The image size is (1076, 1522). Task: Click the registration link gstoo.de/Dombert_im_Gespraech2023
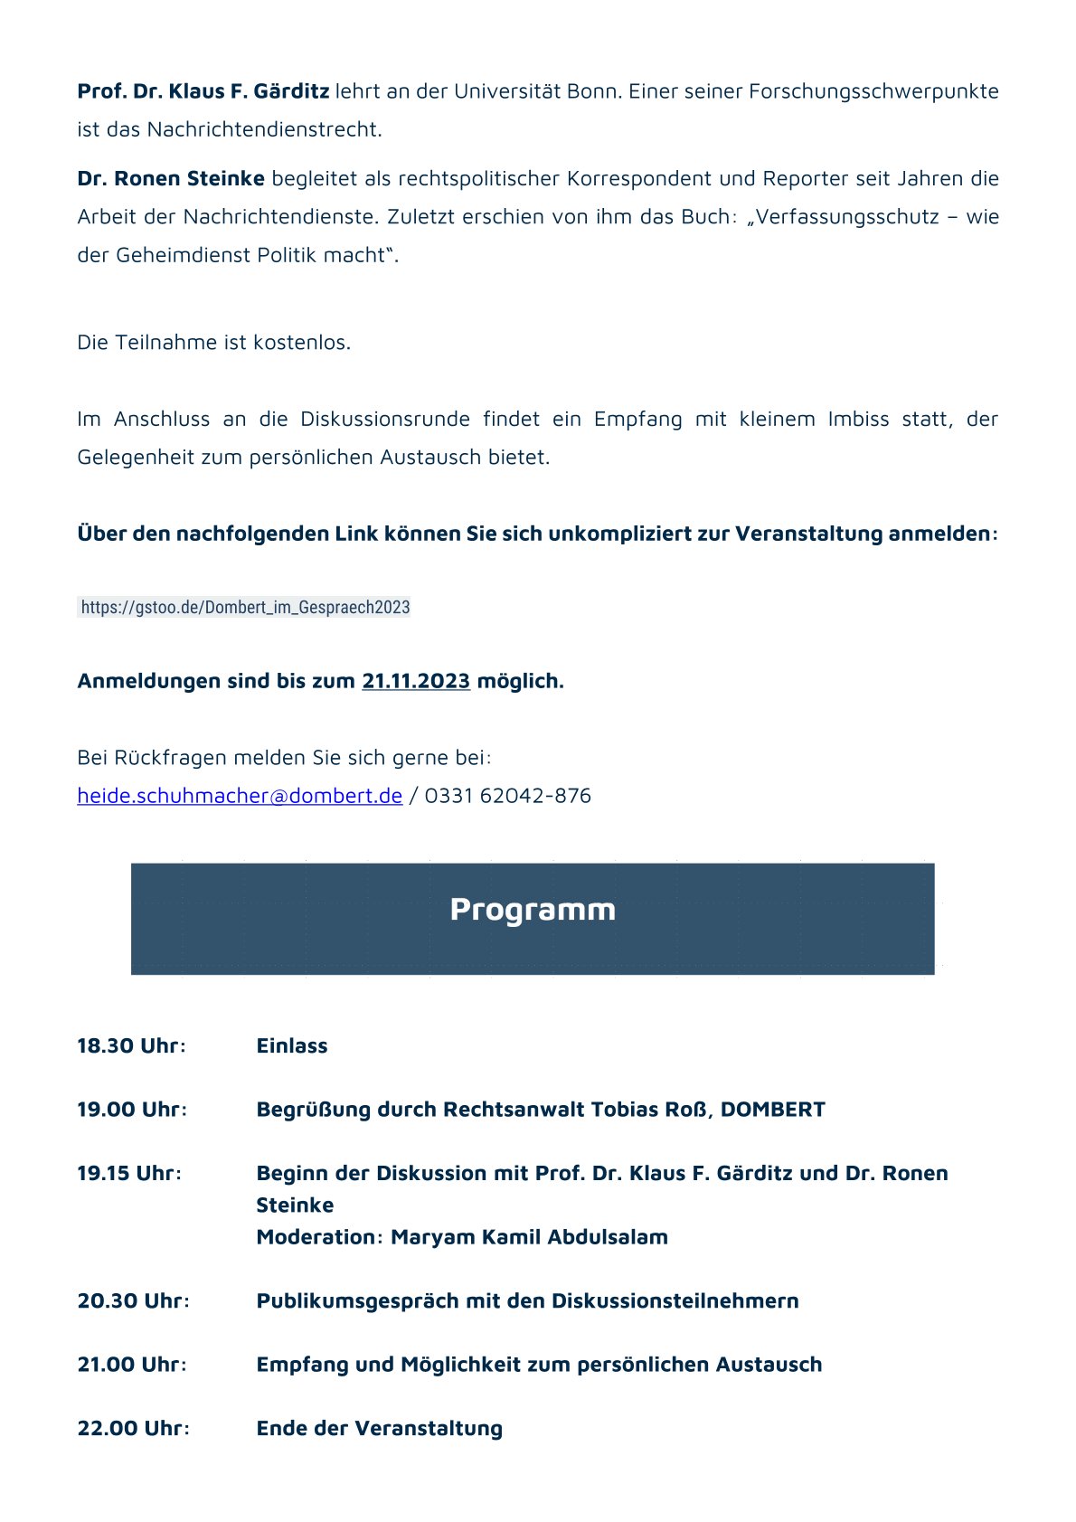click(x=245, y=608)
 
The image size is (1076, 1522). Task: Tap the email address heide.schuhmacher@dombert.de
click(x=240, y=796)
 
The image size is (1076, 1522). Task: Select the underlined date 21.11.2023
click(x=416, y=681)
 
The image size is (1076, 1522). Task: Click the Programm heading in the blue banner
click(x=533, y=910)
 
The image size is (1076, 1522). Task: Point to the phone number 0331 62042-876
click(x=507, y=796)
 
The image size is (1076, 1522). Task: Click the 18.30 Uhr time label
click(x=131, y=1046)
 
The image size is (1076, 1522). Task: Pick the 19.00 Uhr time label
click(x=132, y=1110)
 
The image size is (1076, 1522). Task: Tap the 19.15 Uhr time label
click(x=129, y=1174)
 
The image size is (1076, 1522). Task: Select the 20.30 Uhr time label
click(x=133, y=1301)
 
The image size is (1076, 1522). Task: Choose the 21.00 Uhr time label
click(x=132, y=1365)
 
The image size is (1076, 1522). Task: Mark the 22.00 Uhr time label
click(x=133, y=1429)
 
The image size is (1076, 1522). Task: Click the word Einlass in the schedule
click(x=292, y=1046)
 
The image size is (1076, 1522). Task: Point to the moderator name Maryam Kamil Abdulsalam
click(x=529, y=1237)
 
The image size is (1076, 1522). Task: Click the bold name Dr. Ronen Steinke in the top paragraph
click(x=171, y=179)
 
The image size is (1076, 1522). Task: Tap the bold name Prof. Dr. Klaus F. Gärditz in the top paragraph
click(x=203, y=91)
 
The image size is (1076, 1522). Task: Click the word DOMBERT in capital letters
click(x=773, y=1110)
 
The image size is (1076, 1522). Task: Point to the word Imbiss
click(x=858, y=420)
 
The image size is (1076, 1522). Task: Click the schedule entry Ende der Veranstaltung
click(x=380, y=1429)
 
